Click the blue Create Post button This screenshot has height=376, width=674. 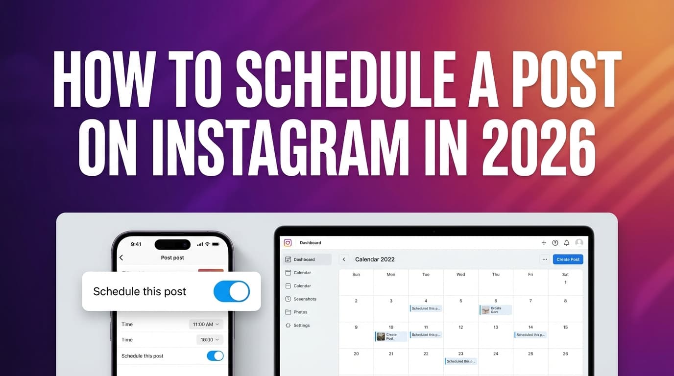click(568, 259)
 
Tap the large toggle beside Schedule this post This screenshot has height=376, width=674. click(232, 291)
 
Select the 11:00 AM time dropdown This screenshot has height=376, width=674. click(206, 324)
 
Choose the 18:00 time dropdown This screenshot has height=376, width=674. click(210, 339)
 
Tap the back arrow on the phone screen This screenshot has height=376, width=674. click(121, 258)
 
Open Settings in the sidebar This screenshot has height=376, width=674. click(301, 325)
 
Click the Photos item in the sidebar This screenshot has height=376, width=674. click(300, 312)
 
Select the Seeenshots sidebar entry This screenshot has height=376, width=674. click(305, 299)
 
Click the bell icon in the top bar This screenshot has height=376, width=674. click(567, 243)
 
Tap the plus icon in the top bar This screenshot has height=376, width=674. click(544, 243)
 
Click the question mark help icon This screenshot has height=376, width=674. click(555, 243)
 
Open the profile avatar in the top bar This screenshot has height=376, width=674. click(579, 243)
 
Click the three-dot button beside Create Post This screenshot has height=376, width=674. click(544, 259)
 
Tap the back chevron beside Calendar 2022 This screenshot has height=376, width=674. click(344, 259)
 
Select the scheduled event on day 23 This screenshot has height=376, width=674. click(461, 361)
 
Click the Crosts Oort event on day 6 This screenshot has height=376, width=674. click(495, 310)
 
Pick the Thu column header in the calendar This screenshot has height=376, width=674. click(496, 275)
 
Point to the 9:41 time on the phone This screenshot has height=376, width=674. click(136, 244)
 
